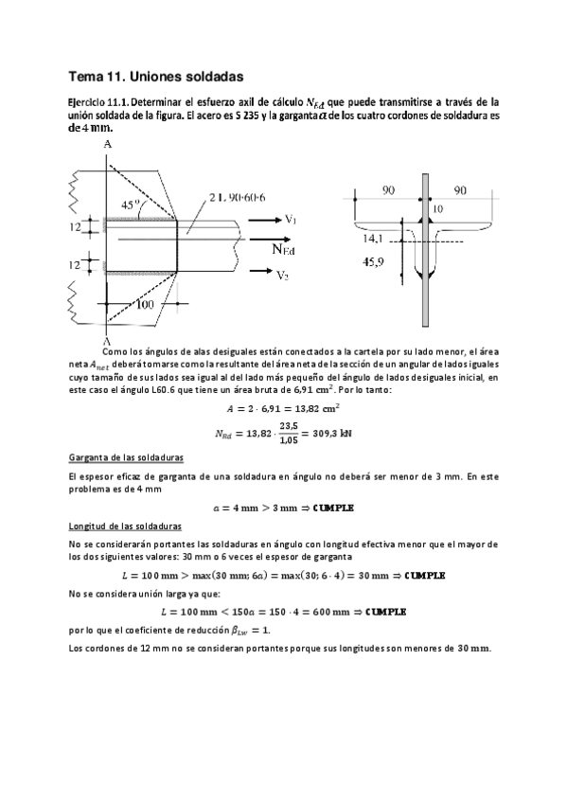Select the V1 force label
coord(291,220)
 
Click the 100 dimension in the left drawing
coord(145,306)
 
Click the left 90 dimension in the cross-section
coord(388,191)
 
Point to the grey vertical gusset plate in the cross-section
coord(426,284)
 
